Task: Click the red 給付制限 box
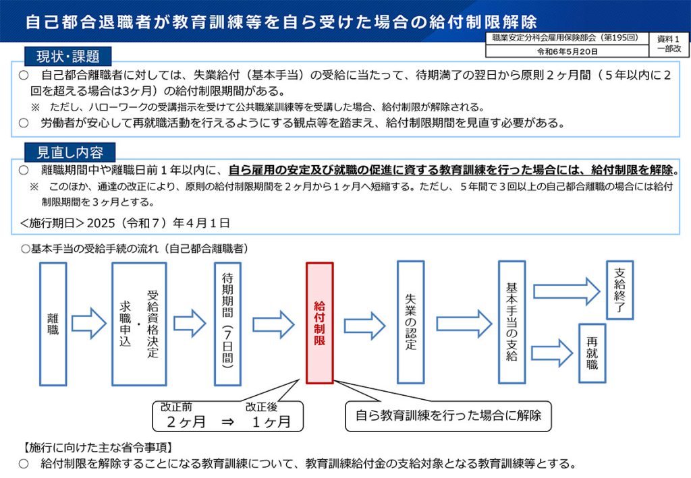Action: coord(319,323)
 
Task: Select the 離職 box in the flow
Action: coord(53,324)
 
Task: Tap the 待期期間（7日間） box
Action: coord(227,324)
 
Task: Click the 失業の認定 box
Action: coord(411,322)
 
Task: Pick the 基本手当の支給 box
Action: coord(512,322)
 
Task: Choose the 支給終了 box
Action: coord(619,290)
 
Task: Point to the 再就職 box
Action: coord(592,353)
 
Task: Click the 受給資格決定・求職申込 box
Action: coord(139,324)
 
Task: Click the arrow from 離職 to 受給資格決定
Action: coord(89,324)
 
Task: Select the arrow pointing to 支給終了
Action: coord(567,291)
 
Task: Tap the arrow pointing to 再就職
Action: coord(552,353)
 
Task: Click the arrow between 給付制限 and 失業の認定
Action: coord(365,326)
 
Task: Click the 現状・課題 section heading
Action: coord(68,57)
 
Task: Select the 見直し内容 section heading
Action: coord(70,152)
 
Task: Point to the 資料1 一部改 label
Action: coord(669,44)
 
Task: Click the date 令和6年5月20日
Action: coord(567,51)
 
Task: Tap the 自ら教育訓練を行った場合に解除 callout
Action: coord(448,415)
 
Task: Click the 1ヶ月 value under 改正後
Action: coord(271,422)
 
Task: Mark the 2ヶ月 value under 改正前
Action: coord(186,422)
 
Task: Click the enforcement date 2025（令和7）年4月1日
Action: coord(158,223)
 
